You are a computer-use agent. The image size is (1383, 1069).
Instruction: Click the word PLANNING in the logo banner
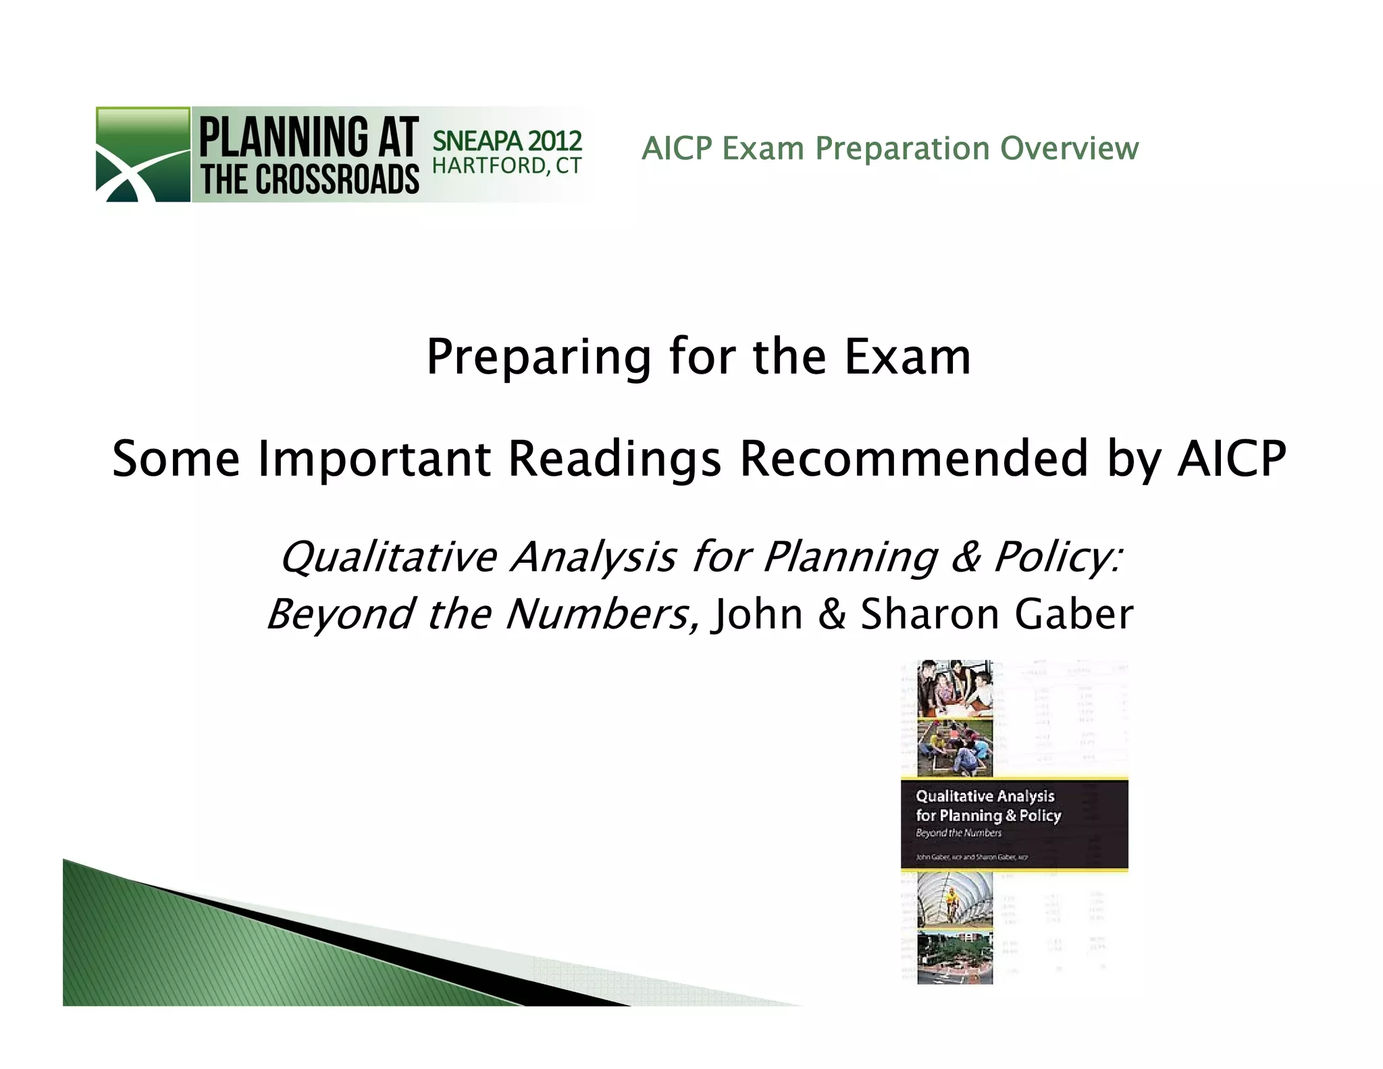tap(284, 138)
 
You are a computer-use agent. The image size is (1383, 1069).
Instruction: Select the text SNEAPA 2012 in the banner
tap(506, 141)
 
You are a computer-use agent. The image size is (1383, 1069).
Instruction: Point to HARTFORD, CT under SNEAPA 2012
tap(506, 166)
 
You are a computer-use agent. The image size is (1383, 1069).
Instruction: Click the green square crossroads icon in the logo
tap(142, 155)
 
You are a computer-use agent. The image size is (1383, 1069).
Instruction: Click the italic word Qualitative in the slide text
tap(388, 557)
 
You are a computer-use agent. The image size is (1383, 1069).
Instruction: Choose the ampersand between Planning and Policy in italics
tap(966, 557)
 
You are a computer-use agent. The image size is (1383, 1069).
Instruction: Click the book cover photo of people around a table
tap(955, 689)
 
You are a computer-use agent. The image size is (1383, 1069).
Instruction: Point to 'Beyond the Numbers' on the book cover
tap(958, 833)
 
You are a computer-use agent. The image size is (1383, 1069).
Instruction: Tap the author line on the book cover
tap(971, 857)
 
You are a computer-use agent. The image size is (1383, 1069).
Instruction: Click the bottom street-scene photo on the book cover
tap(955, 958)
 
